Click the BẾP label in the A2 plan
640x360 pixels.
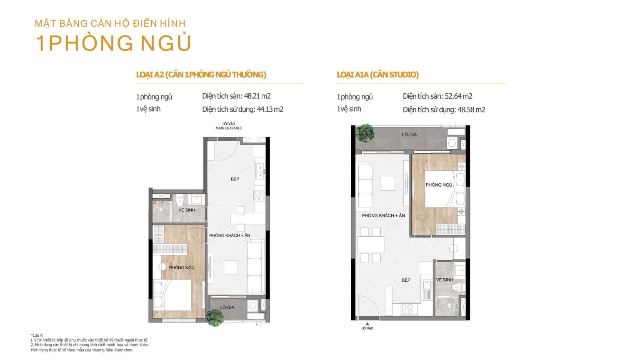point(235,179)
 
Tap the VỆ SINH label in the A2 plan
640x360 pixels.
point(187,210)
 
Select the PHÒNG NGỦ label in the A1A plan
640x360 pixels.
point(439,185)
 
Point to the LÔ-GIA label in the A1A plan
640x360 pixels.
point(409,135)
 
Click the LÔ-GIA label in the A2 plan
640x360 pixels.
point(227,307)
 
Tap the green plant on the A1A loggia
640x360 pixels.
point(365,133)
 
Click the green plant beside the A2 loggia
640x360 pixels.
point(215,317)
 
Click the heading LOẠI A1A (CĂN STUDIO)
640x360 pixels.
point(378,75)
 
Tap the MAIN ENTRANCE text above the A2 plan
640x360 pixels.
point(229,128)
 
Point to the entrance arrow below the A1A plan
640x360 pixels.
point(367,324)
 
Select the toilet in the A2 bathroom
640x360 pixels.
point(180,201)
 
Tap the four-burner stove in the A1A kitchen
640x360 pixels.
point(407,309)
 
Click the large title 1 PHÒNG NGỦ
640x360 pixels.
point(113,43)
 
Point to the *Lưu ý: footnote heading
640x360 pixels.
point(37,335)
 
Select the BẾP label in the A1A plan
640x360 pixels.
point(406,280)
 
